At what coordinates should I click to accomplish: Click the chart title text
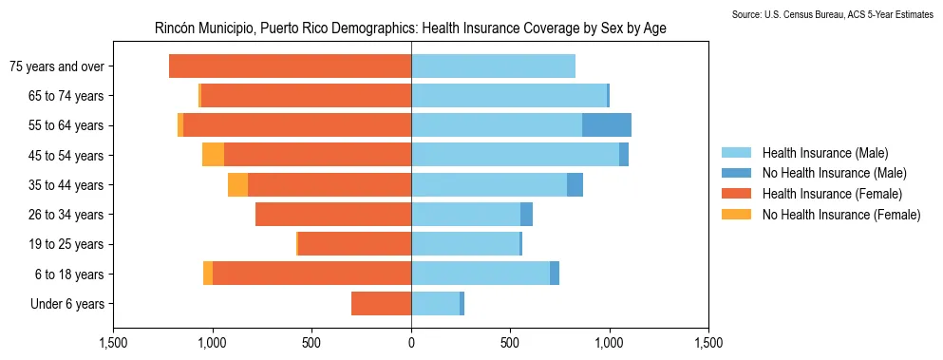(410, 28)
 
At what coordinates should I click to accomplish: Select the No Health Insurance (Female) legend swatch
(736, 215)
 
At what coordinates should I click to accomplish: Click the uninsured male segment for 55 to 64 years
(607, 125)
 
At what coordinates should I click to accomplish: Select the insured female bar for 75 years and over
(290, 66)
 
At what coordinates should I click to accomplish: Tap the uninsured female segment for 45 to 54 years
(213, 155)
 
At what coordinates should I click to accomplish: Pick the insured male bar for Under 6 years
(435, 304)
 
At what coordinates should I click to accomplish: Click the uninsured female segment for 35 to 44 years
(237, 185)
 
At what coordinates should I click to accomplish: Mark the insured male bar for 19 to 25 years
(465, 244)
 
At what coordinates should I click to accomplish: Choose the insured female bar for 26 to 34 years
(333, 215)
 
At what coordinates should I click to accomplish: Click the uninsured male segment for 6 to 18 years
(555, 274)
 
